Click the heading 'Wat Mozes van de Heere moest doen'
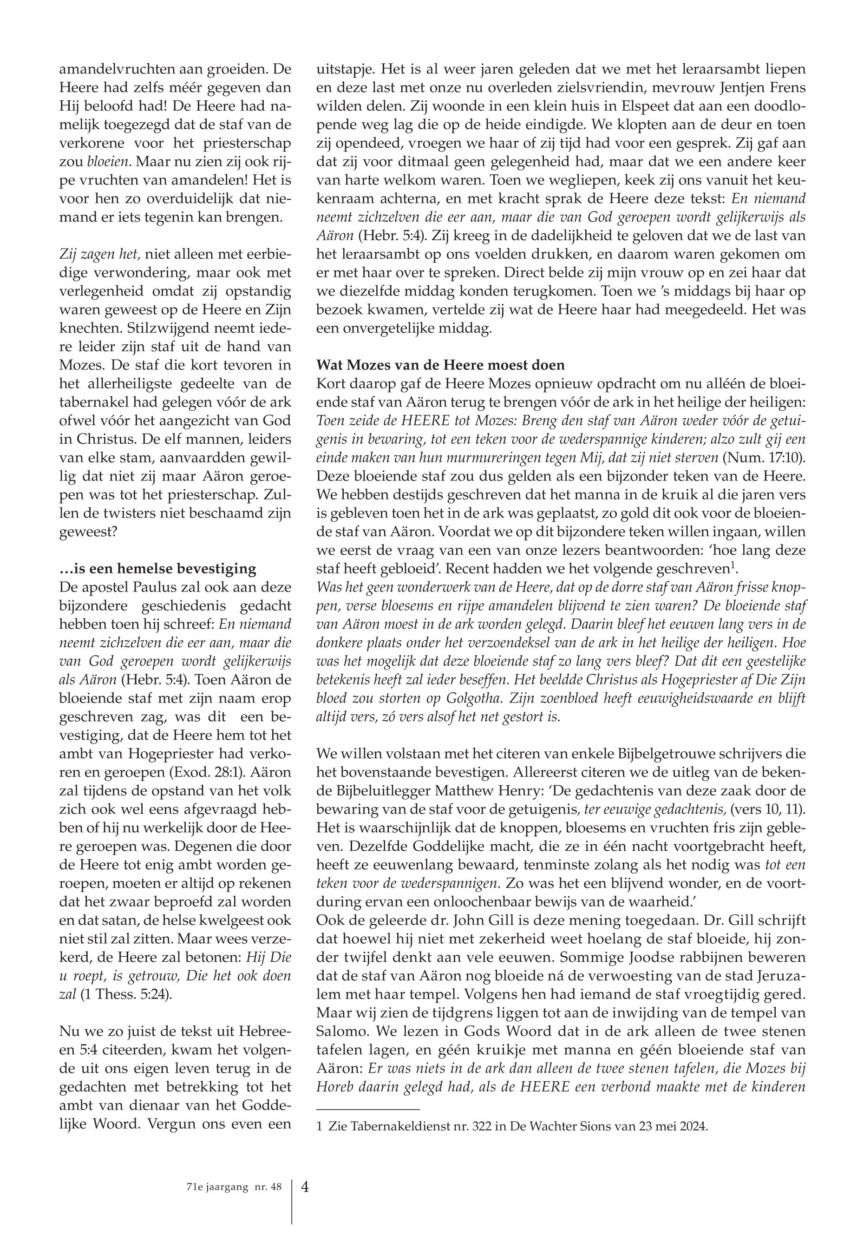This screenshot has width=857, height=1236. coord(441,365)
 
